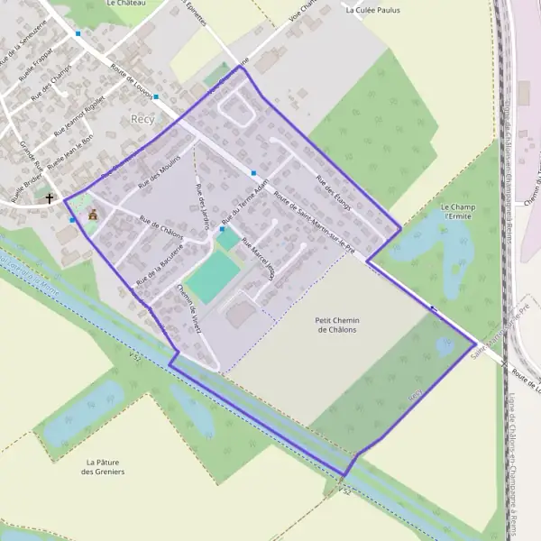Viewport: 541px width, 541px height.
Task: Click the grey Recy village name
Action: [x=142, y=119]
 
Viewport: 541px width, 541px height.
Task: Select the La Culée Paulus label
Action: [x=372, y=11]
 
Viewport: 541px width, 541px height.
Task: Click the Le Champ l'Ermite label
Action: [x=457, y=213]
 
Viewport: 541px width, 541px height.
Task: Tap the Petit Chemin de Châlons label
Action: [x=336, y=325]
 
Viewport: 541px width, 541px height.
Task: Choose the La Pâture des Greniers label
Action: [x=103, y=466]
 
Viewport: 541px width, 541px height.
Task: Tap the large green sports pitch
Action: [x=214, y=276]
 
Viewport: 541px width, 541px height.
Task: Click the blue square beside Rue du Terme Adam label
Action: [x=222, y=230]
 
